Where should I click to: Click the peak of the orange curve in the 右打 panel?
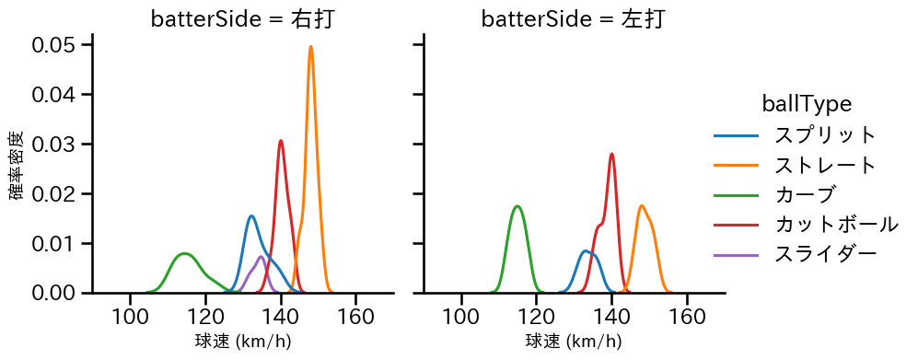(311, 47)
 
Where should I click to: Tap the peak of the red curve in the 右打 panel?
(281, 141)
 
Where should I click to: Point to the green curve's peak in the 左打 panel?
(518, 206)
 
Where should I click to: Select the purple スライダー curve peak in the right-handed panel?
(261, 257)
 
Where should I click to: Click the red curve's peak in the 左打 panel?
(611, 154)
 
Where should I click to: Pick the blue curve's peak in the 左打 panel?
(585, 250)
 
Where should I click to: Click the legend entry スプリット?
(825, 135)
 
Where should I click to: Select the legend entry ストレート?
(825, 166)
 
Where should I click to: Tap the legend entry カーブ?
(805, 195)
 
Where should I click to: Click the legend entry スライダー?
(825, 254)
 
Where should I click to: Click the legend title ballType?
(806, 104)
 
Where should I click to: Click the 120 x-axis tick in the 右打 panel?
(206, 317)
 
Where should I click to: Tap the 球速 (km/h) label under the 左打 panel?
(574, 343)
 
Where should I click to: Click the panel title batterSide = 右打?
(243, 19)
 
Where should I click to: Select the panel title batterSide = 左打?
(574, 19)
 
